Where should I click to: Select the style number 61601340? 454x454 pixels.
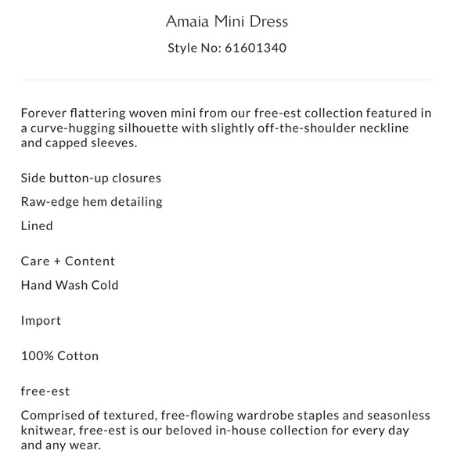[256, 48]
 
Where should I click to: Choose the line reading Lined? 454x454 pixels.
[37, 225]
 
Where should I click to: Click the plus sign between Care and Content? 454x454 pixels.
[56, 261]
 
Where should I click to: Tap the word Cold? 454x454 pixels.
[104, 285]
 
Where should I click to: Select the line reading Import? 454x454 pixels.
[41, 321]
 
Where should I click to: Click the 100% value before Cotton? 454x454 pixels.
[37, 355]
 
